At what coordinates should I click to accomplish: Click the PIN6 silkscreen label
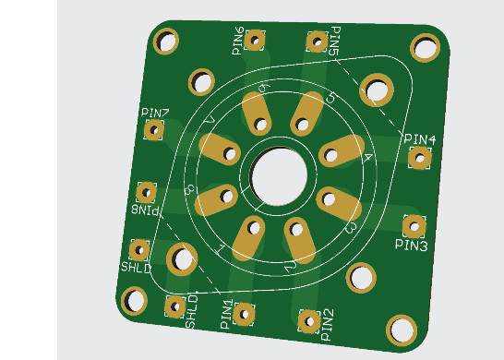(x=238, y=41)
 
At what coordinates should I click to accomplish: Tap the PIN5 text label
(x=335, y=42)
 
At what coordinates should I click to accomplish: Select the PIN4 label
(x=420, y=139)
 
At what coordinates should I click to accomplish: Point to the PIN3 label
(x=412, y=245)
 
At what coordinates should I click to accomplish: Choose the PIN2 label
(x=328, y=325)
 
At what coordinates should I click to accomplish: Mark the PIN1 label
(x=226, y=314)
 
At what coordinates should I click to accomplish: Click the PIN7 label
(x=155, y=113)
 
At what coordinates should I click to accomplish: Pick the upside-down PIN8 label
(x=146, y=210)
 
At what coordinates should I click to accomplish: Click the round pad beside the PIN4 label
(x=420, y=158)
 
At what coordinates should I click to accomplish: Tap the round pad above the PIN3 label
(x=414, y=226)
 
